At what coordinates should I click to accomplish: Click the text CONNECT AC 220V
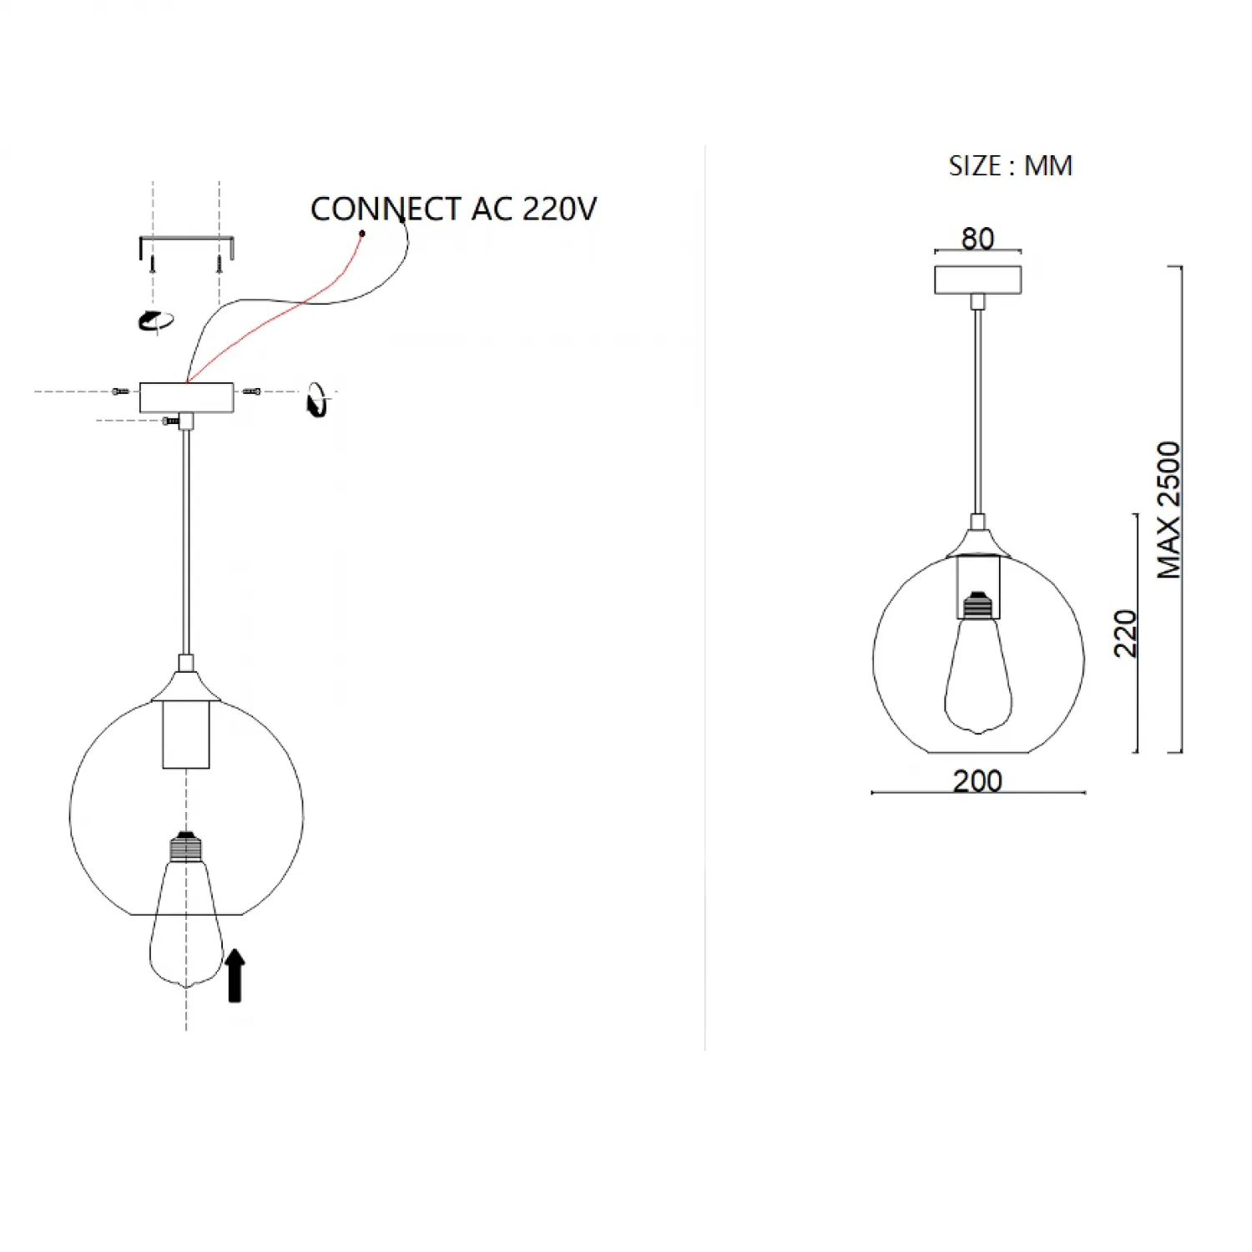[x=453, y=209]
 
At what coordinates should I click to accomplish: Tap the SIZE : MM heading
[x=1010, y=165]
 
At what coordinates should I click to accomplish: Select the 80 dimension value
[x=977, y=239]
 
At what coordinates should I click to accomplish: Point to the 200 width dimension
[x=977, y=780]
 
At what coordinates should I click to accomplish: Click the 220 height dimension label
[x=1125, y=634]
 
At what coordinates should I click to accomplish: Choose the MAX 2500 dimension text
[x=1169, y=510]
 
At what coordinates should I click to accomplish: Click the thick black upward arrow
[x=235, y=975]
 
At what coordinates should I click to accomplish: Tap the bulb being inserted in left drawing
[x=186, y=910]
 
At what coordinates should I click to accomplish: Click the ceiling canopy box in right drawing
[x=977, y=280]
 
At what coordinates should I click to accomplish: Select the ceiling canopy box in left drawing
[x=186, y=397]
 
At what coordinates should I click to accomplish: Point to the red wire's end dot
[x=362, y=234]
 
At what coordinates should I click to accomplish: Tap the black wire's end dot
[x=402, y=220]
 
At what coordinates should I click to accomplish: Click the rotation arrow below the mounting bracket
[x=156, y=321]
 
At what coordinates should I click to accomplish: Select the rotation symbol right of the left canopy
[x=317, y=400]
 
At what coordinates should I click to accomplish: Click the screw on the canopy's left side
[x=120, y=391]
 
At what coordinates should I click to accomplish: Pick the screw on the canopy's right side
[x=251, y=391]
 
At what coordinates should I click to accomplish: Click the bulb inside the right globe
[x=978, y=664]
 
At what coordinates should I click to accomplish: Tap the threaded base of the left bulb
[x=186, y=847]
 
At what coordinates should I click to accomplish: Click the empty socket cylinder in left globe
[x=186, y=735]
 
